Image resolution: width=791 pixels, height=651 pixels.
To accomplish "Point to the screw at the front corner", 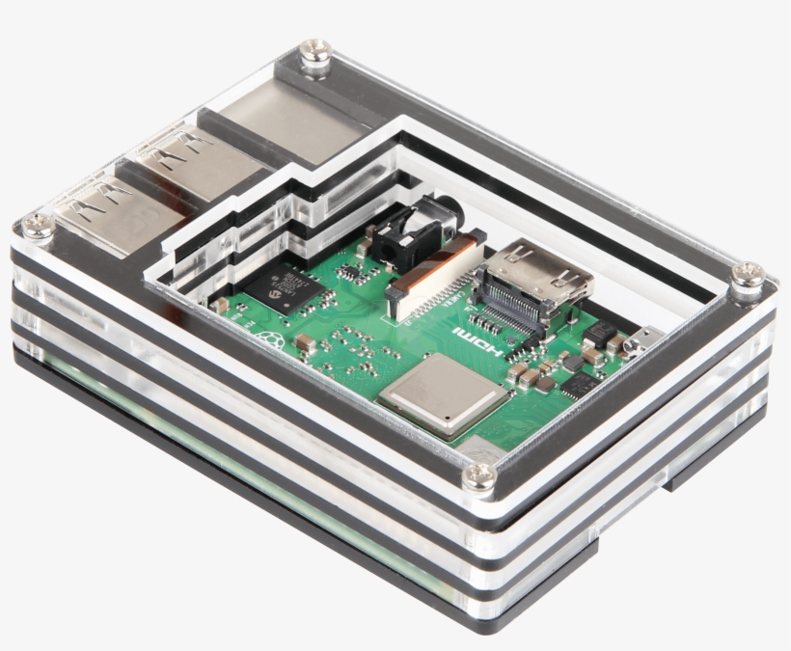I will (479, 475).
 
